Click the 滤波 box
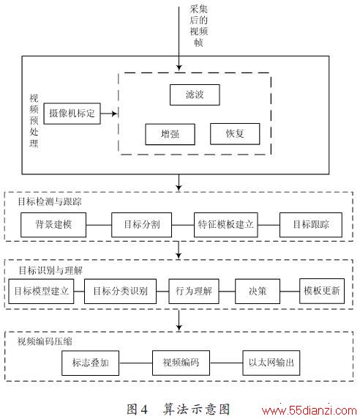[x=195, y=95]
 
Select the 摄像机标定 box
[x=72, y=114]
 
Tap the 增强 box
[x=170, y=134]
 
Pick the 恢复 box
[x=235, y=134]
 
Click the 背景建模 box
[x=53, y=225]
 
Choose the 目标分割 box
[x=141, y=225]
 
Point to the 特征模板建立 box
[x=226, y=225]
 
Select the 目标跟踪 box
[x=311, y=225]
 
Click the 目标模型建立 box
[x=41, y=292]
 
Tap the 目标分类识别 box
[x=120, y=292]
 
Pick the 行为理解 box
[x=194, y=292]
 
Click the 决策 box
[x=258, y=292]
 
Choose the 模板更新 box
[x=322, y=291]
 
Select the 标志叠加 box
[x=90, y=363]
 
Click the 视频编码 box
[x=181, y=363]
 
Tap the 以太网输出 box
[x=271, y=363]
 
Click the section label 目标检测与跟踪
[x=50, y=201]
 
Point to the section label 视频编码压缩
[x=45, y=341]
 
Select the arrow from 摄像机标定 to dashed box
[x=109, y=114]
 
